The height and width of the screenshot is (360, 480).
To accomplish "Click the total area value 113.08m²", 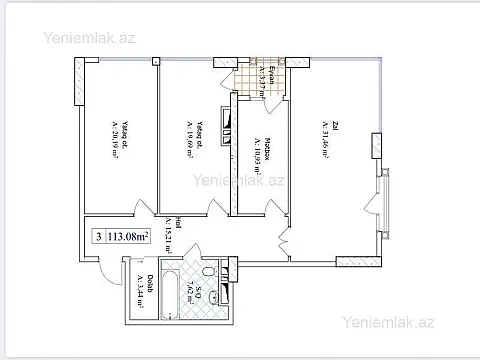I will point(128,237).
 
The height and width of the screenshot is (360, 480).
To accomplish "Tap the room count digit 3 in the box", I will point(98,237).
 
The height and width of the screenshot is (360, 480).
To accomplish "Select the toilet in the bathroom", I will point(208,271).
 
